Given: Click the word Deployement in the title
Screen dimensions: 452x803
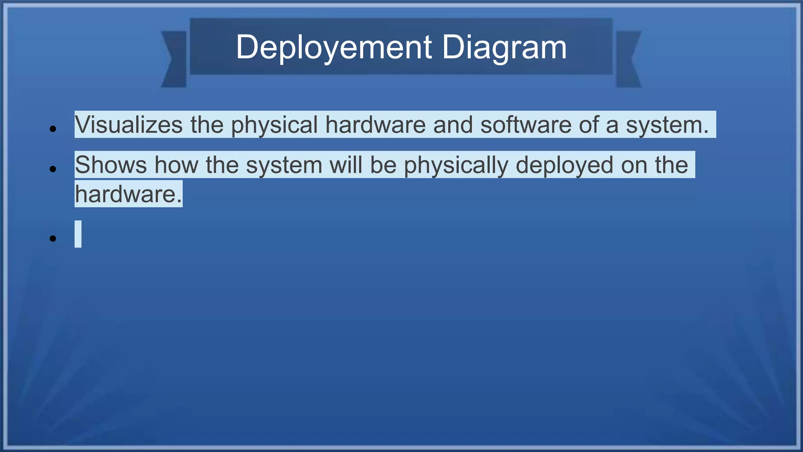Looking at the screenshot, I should coord(334,47).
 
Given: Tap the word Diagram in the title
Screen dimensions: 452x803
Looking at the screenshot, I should coord(504,47).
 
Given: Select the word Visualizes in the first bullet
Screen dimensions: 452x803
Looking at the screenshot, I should coord(129,125).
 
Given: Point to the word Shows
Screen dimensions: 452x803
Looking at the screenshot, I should coord(111,165).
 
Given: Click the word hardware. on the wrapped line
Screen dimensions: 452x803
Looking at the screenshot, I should coord(129,194).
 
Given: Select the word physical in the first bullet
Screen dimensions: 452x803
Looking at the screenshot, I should coord(274,125).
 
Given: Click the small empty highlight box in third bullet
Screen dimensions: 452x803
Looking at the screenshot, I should coord(78,234).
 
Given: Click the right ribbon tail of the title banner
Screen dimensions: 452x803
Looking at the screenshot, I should coord(628,59).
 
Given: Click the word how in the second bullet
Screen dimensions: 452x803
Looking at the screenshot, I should coord(176,165).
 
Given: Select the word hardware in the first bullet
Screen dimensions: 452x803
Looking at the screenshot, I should coord(375,125).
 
